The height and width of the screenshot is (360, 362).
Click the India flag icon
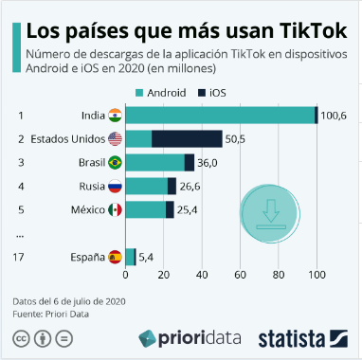coord(115,115)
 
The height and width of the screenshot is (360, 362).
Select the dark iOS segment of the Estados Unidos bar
coord(187,138)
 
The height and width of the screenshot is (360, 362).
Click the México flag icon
coord(115,209)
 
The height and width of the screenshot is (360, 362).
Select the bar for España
coord(131,256)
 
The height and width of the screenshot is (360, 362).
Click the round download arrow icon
coord(271,209)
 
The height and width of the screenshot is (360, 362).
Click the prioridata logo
coord(190,337)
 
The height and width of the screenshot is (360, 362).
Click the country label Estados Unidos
coord(67,138)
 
